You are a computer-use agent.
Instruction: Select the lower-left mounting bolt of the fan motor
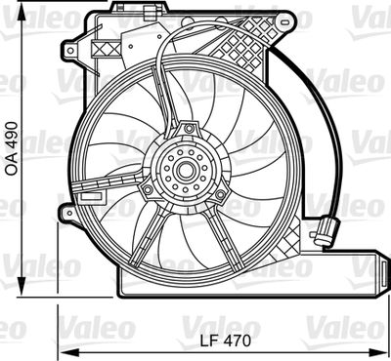[149, 188]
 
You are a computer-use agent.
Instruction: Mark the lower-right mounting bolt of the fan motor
[220, 195]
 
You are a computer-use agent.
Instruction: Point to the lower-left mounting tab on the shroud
[67, 210]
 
